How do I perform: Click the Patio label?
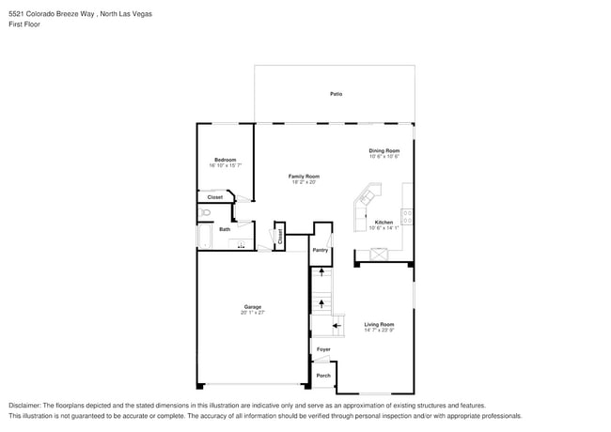click(336, 94)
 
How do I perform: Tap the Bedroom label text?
click(225, 160)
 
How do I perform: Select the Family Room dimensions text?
click(304, 183)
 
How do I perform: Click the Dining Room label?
click(384, 150)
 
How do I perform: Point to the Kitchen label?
click(384, 222)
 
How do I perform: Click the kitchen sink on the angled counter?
click(367, 198)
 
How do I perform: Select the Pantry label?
click(321, 250)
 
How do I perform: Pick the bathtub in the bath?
click(204, 236)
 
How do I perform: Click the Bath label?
click(225, 229)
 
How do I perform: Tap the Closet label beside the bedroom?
click(214, 197)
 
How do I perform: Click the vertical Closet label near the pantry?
click(279, 236)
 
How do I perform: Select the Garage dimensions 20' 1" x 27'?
click(253, 313)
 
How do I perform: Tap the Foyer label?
click(323, 349)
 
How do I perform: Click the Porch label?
click(322, 376)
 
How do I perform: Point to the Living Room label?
click(379, 324)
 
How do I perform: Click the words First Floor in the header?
click(24, 24)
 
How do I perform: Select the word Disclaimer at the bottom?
click(24, 404)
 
